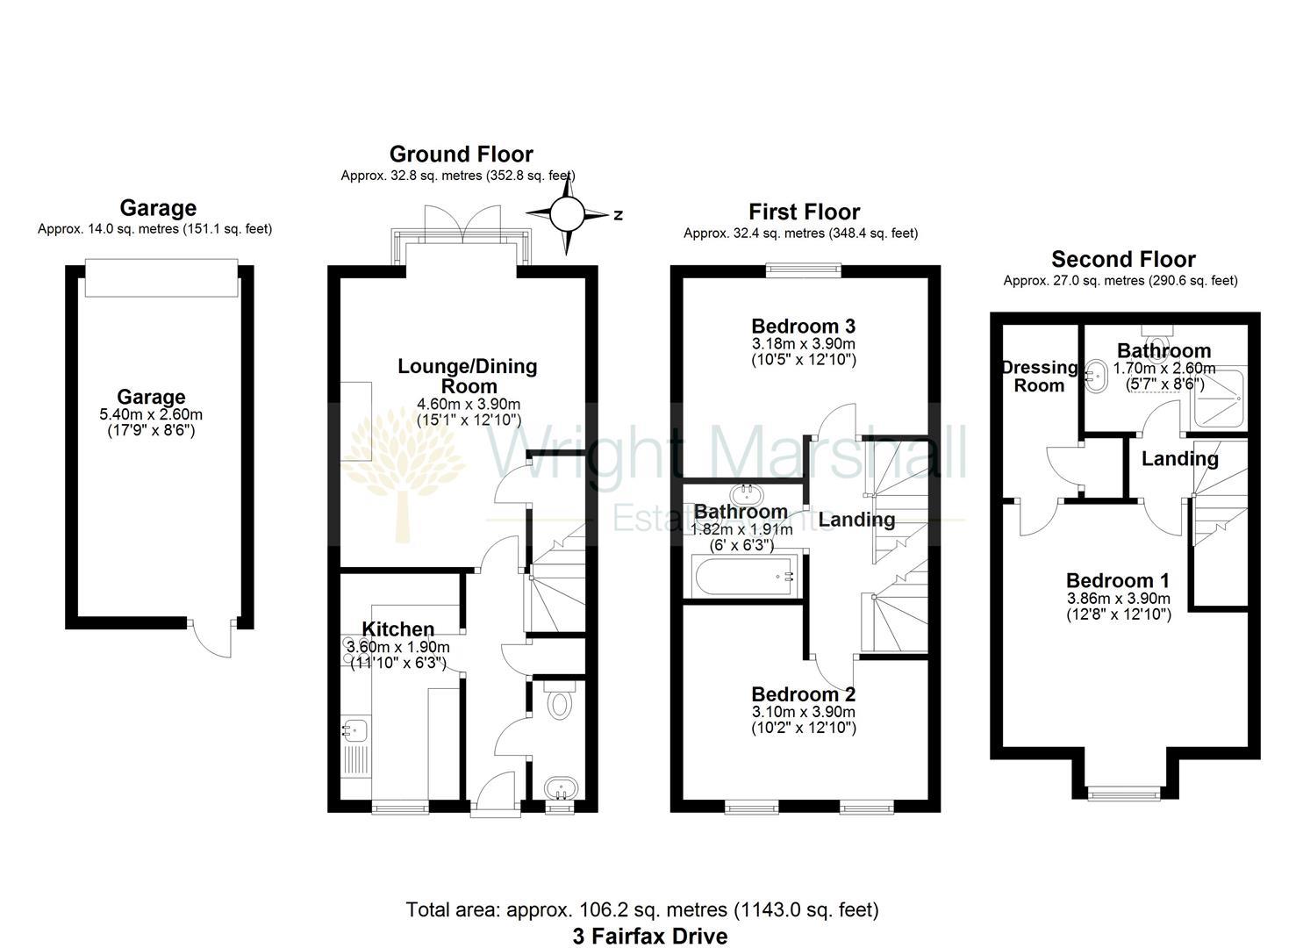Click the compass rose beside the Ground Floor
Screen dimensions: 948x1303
point(567,213)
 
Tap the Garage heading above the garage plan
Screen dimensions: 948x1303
point(158,208)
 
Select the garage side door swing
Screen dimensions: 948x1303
point(213,640)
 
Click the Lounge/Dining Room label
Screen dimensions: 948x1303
point(467,376)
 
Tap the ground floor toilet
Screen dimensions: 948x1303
point(559,701)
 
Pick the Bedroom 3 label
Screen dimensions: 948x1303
point(803,327)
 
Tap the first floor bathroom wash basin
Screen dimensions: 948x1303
point(746,493)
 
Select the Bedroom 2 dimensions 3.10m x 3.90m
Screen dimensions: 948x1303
point(803,712)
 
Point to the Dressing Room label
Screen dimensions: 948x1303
point(1039,376)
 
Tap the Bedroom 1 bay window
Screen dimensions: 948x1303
point(1124,794)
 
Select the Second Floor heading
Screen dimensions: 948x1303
point(1123,260)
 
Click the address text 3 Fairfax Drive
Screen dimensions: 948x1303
point(650,937)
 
